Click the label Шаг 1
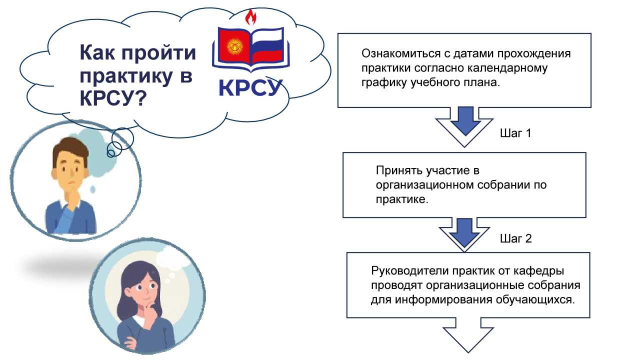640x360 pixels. point(515,134)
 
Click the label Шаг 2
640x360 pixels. point(515,238)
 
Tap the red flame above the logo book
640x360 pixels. point(250,18)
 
